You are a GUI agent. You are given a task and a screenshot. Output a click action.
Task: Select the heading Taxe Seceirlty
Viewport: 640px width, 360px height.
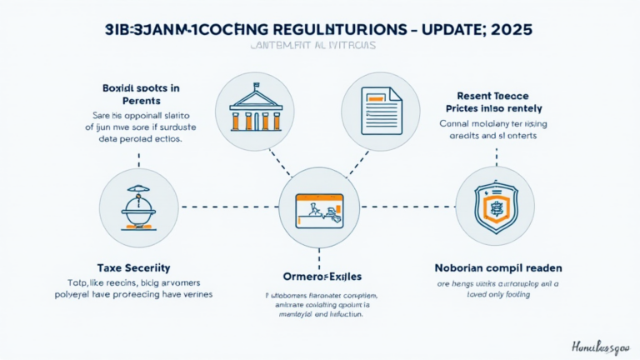click(x=133, y=267)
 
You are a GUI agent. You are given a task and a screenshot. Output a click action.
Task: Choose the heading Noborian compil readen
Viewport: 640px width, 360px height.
click(x=497, y=267)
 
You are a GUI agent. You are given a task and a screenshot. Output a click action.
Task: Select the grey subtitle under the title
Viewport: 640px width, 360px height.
click(x=320, y=47)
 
